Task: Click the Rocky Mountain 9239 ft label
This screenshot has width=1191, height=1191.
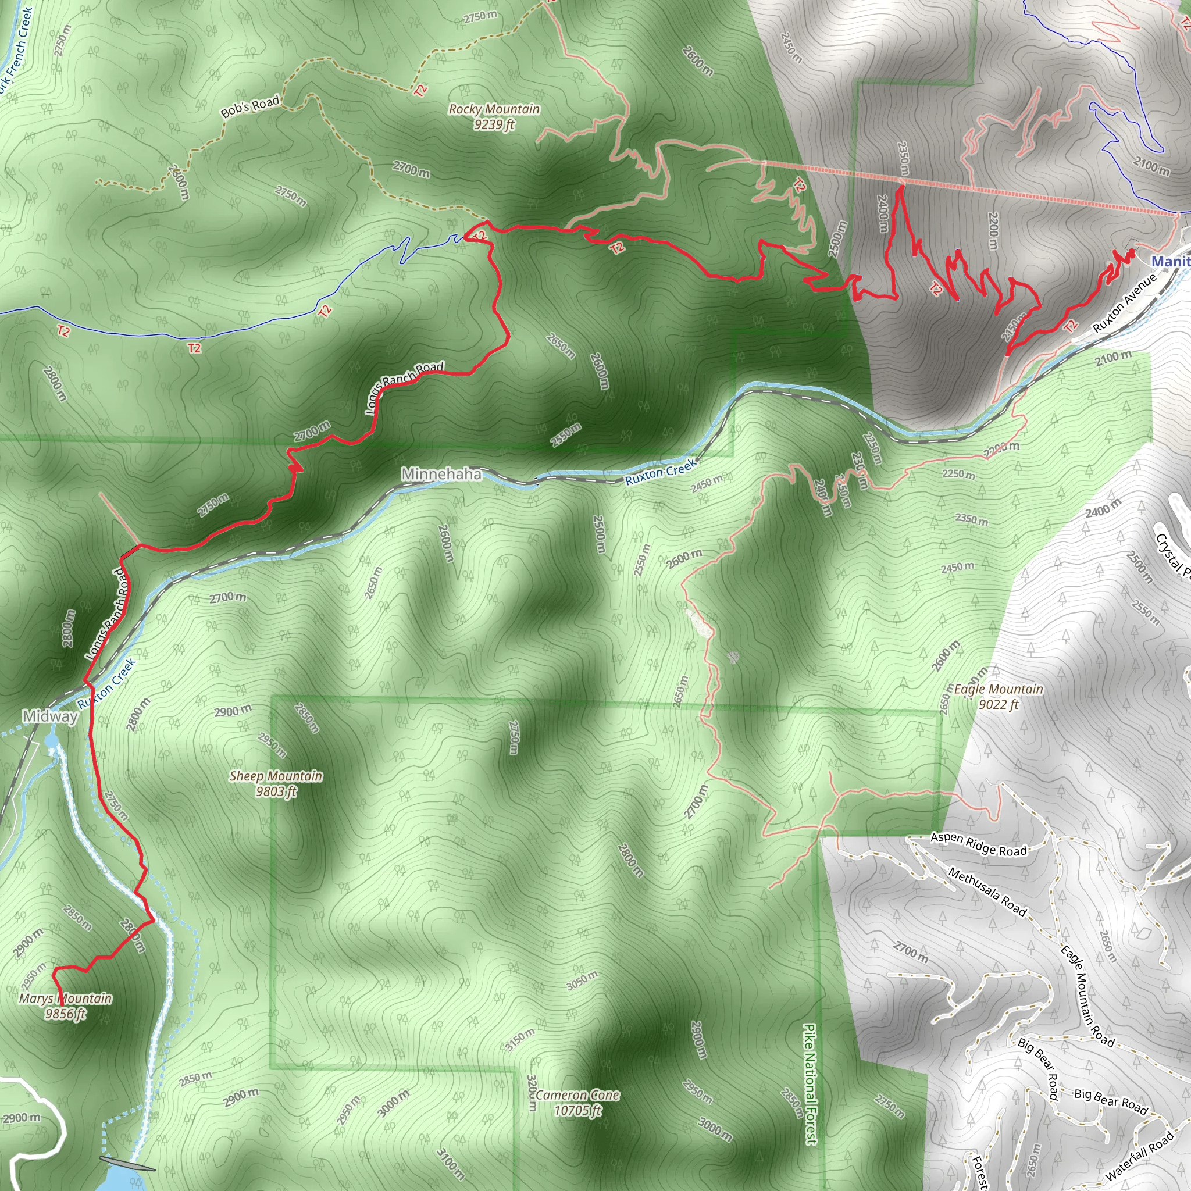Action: [494, 116]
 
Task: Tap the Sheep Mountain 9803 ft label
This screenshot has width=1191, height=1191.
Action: [276, 783]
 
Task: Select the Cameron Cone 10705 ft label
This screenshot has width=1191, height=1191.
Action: [577, 1103]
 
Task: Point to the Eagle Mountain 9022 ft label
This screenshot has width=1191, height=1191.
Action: [999, 697]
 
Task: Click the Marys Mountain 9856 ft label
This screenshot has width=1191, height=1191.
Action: [65, 1006]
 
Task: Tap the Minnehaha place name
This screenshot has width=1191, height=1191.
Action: [441, 473]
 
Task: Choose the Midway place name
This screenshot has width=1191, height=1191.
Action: [50, 716]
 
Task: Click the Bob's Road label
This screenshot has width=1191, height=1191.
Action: [250, 106]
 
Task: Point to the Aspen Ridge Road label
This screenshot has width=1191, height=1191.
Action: [978, 844]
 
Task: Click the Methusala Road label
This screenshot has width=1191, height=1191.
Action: [987, 892]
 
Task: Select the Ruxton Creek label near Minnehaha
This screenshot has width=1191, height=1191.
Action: [661, 472]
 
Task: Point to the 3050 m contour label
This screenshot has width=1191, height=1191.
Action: [582, 980]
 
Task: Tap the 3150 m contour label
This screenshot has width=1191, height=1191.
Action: [520, 1039]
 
